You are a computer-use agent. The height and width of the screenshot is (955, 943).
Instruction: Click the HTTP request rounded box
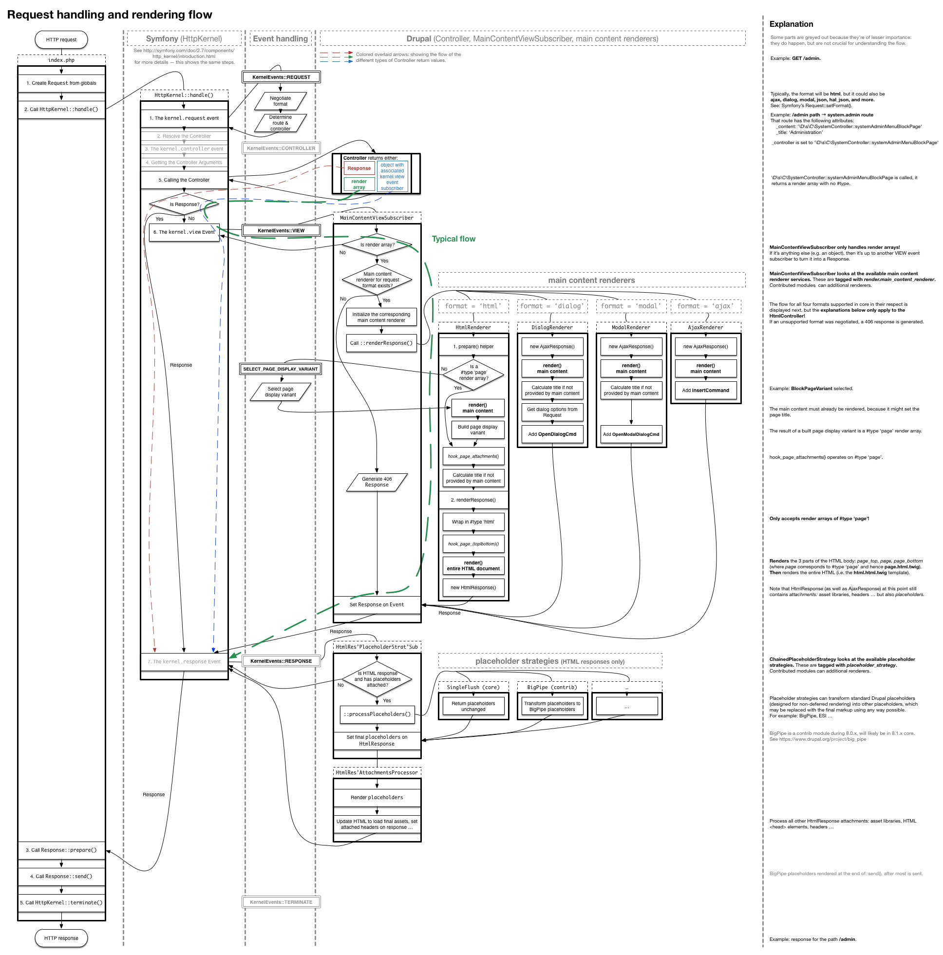click(x=61, y=39)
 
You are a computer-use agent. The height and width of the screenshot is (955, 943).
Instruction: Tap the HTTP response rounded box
click(x=61, y=937)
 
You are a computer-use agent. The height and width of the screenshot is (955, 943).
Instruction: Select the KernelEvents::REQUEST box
click(x=281, y=77)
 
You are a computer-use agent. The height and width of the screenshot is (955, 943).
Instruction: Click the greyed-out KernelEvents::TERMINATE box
click(x=281, y=902)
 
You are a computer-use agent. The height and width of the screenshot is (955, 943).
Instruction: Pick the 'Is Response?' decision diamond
click(x=184, y=204)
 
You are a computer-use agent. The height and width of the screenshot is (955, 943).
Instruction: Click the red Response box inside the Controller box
click(x=359, y=169)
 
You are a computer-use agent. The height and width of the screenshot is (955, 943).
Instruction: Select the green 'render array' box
click(x=359, y=185)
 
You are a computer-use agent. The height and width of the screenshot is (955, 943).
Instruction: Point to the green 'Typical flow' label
click(x=453, y=239)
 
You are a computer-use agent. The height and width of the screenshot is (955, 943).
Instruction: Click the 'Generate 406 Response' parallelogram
click(x=377, y=482)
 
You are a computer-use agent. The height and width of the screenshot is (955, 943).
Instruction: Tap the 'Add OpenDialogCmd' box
click(x=552, y=434)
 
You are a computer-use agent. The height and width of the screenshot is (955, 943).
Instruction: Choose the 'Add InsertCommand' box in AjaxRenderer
click(x=705, y=390)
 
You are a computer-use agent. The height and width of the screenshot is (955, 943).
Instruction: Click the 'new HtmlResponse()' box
click(x=473, y=587)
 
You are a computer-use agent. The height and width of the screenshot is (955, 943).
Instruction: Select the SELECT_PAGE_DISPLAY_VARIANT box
click(x=281, y=369)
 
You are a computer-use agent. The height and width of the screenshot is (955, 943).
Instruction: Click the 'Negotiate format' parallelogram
click(x=281, y=101)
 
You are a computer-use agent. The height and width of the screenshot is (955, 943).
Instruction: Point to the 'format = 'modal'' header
click(x=630, y=306)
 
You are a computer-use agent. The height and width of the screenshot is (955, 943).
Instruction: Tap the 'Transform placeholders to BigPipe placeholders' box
click(x=552, y=706)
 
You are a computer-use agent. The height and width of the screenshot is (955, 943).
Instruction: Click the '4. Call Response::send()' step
click(x=61, y=876)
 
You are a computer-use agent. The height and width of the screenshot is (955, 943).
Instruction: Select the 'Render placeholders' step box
click(x=377, y=797)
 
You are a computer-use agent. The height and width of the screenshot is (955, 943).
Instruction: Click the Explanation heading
click(x=791, y=24)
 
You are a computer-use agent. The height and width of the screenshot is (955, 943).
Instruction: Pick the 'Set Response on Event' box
click(x=377, y=604)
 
